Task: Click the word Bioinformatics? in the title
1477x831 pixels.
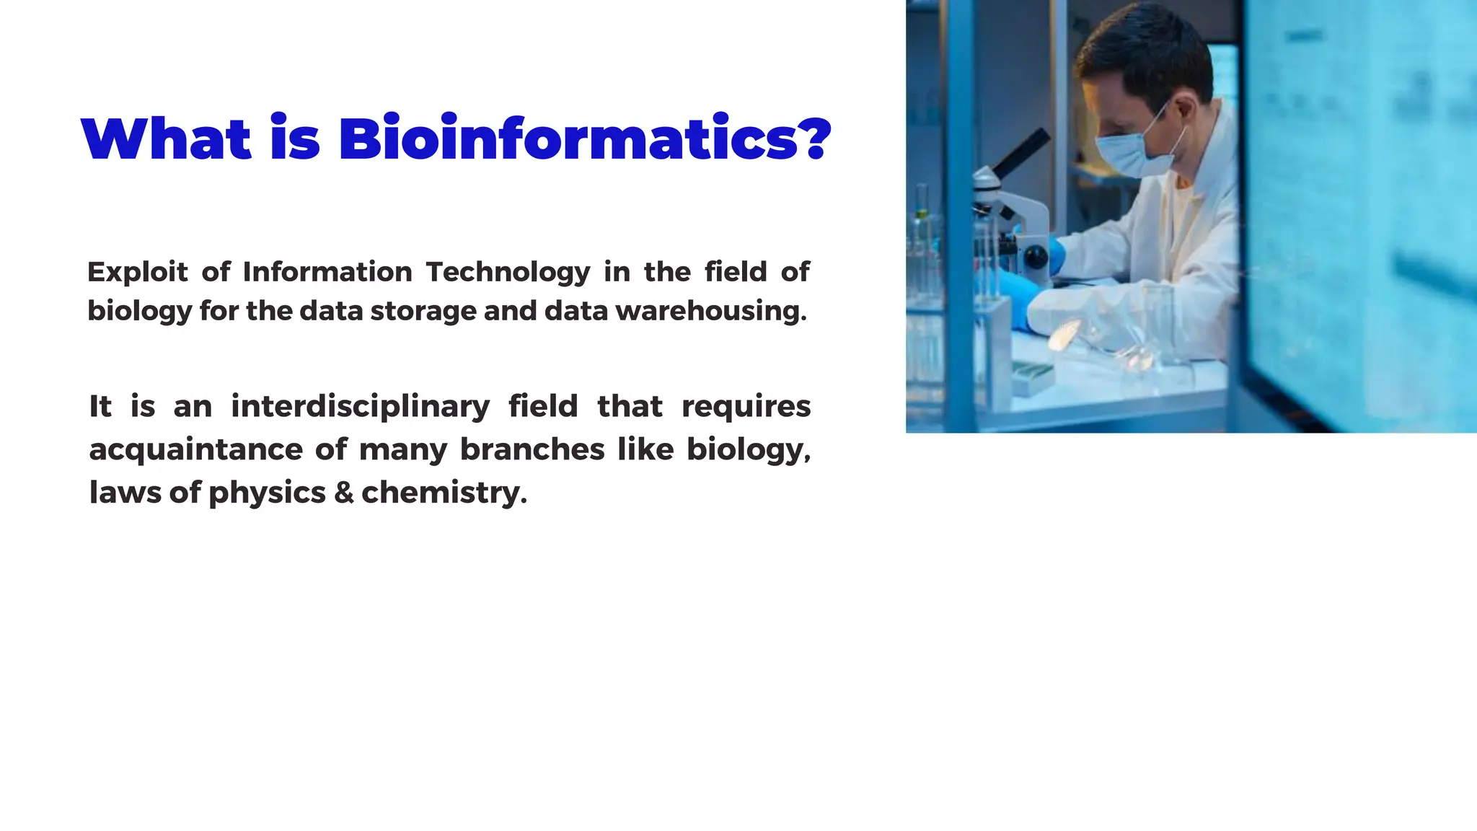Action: pyautogui.click(x=584, y=138)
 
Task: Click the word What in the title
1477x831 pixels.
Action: pyautogui.click(x=167, y=138)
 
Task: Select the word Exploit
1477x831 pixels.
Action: pyautogui.click(x=137, y=273)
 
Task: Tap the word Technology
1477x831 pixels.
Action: pyautogui.click(x=508, y=273)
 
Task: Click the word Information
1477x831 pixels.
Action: pyautogui.click(x=327, y=272)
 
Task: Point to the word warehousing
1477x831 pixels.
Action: pyautogui.click(x=711, y=311)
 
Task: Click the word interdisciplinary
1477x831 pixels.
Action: pyautogui.click(x=361, y=407)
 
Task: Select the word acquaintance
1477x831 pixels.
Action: pyautogui.click(x=195, y=450)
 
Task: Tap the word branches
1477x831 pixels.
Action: pyautogui.click(x=532, y=449)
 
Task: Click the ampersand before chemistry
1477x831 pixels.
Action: pyautogui.click(x=344, y=493)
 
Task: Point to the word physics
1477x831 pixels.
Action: pyautogui.click(x=267, y=493)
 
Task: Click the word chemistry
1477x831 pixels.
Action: pyautogui.click(x=444, y=493)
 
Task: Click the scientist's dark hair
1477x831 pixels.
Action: pyautogui.click(x=1147, y=54)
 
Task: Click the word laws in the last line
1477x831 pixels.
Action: pyautogui.click(x=125, y=493)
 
